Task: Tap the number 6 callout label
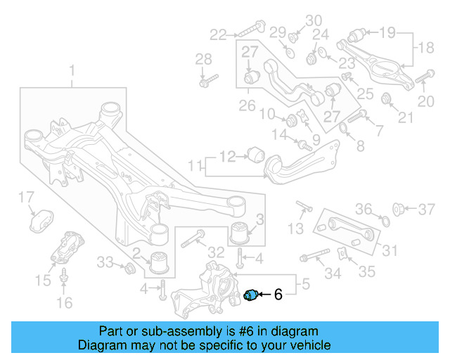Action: (x=278, y=295)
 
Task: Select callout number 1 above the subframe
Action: (x=71, y=70)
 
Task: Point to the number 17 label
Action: (x=25, y=196)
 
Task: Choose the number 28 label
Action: (x=203, y=58)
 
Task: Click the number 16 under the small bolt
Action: (x=64, y=303)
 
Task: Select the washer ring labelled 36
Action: (x=384, y=222)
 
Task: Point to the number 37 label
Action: (x=427, y=209)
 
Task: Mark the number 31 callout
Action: (x=390, y=250)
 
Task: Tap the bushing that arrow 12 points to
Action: (x=256, y=153)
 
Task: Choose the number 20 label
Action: (x=426, y=102)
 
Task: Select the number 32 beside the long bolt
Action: (x=216, y=252)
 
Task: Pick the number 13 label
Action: (x=296, y=228)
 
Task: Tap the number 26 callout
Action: (x=247, y=105)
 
